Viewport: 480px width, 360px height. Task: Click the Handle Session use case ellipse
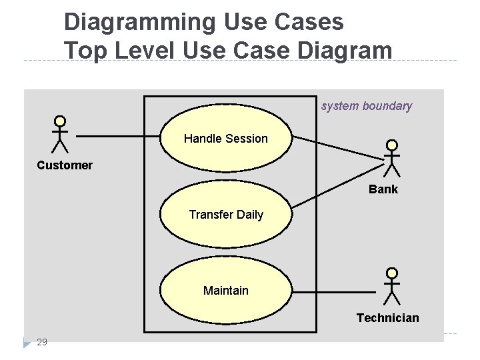pos(226,139)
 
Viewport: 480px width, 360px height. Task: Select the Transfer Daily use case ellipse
pos(226,215)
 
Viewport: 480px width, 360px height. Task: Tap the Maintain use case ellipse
pos(226,291)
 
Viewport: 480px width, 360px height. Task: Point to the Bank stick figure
pos(392,158)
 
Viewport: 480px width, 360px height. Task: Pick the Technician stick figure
pos(392,287)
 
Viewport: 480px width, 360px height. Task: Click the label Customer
pos(65,165)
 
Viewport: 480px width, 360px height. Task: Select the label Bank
pos(383,189)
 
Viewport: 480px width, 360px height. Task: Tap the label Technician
pos(388,318)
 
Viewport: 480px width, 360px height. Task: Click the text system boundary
pos(367,106)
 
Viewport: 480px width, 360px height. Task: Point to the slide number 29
pos(42,342)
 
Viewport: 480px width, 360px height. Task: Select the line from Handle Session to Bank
pos(338,149)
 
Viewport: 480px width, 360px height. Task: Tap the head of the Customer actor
pos(60,121)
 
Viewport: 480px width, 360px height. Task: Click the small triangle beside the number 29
pos(26,343)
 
